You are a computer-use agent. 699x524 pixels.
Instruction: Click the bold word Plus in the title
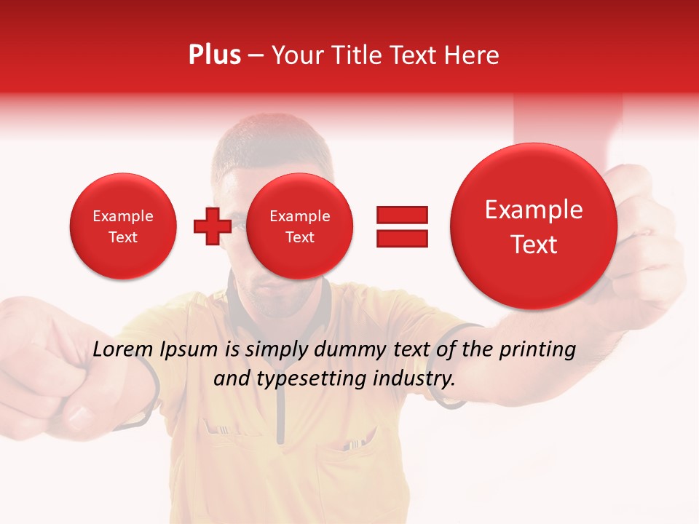(x=214, y=55)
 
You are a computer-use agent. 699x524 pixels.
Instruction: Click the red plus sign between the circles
(x=212, y=226)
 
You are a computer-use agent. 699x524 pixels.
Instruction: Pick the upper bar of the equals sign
(x=402, y=214)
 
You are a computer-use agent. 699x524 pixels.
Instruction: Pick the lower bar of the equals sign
(x=402, y=239)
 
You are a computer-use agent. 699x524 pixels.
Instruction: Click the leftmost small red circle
(x=122, y=226)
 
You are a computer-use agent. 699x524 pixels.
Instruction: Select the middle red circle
(x=299, y=226)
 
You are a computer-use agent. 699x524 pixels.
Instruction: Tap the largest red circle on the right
(x=534, y=226)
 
